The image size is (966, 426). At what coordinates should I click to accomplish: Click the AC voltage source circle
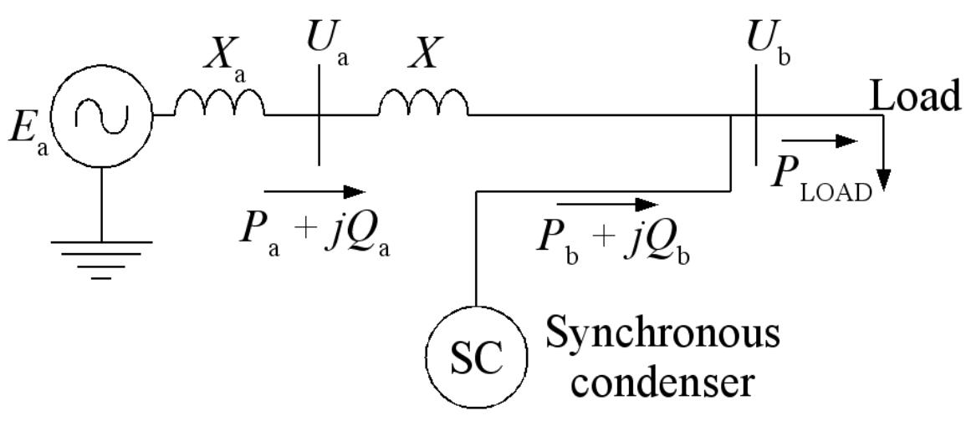102,114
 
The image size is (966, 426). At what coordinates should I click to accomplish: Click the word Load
916,97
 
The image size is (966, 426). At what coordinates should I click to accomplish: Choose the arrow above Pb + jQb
608,204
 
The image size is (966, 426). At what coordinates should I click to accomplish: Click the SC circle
477,358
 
